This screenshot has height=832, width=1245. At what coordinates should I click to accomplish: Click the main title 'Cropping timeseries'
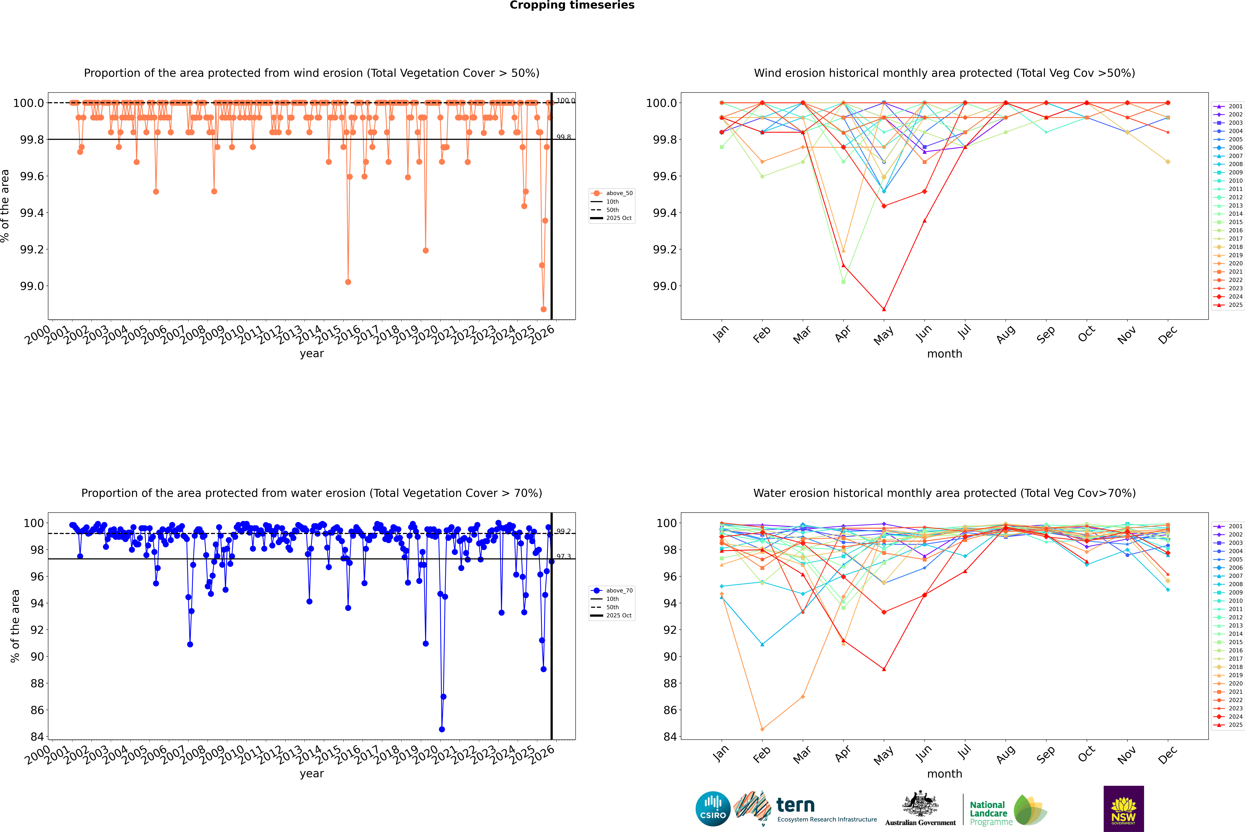coord(572,5)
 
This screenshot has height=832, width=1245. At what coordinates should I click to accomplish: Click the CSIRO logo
coord(713,809)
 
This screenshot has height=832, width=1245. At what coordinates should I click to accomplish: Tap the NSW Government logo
coord(1123,809)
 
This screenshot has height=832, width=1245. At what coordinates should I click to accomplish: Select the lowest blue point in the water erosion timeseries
coord(442,729)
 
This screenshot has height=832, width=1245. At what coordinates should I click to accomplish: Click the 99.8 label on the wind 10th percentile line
coord(564,137)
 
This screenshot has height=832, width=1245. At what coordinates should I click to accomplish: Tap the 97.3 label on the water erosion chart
coord(564,557)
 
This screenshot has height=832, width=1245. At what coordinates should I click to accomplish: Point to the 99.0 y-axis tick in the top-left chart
coord(32,286)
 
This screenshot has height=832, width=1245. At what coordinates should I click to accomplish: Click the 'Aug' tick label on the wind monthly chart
coord(1005,334)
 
